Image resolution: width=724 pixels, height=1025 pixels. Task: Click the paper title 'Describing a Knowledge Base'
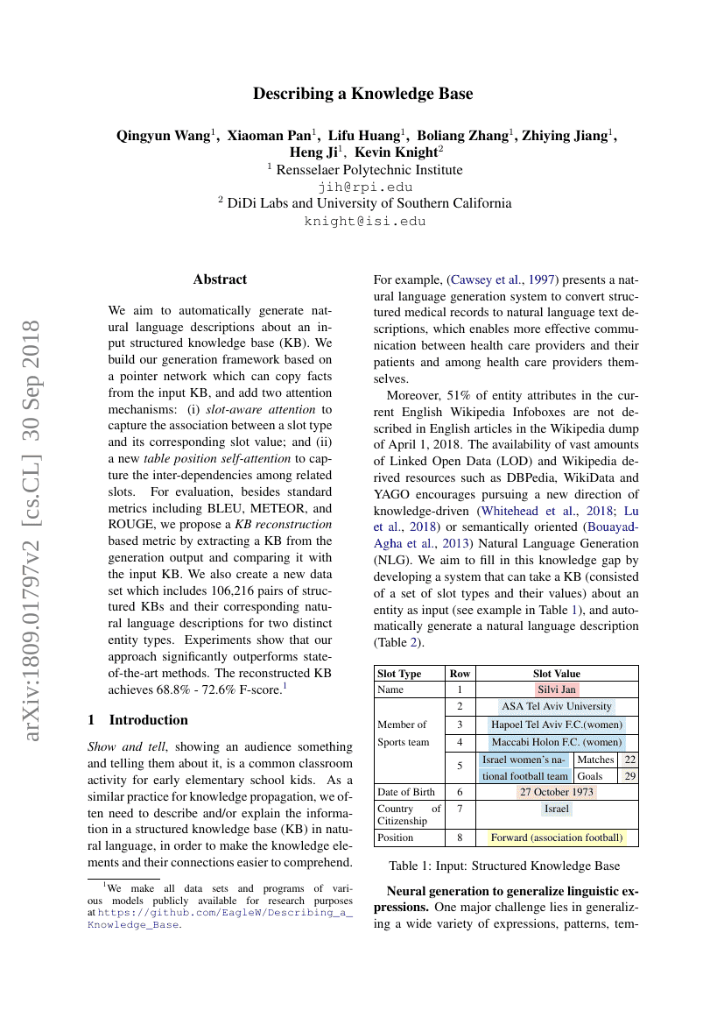point(362,94)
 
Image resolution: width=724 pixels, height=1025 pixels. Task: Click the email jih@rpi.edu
point(364,187)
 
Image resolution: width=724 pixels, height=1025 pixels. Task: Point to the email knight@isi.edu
point(364,221)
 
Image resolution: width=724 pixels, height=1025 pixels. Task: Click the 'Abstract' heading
point(220,279)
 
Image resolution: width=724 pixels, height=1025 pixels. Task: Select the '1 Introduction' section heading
point(137,720)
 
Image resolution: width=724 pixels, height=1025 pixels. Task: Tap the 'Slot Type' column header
point(398,674)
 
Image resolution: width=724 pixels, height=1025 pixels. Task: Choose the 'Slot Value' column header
point(556,674)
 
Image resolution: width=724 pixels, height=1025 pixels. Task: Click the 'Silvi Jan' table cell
point(557,690)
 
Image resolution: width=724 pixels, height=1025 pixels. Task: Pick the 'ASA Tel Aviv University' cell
point(557,706)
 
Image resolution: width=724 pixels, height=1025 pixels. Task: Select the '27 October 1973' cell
point(557,792)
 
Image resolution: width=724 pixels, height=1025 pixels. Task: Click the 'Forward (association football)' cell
point(557,838)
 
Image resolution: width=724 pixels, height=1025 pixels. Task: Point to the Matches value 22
point(629,760)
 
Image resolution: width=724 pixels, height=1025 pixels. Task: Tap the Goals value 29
point(629,776)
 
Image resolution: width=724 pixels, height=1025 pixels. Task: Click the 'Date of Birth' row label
point(405,792)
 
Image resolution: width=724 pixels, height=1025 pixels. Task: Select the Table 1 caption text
point(505,866)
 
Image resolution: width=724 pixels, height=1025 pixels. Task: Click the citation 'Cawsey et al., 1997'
point(503,280)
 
